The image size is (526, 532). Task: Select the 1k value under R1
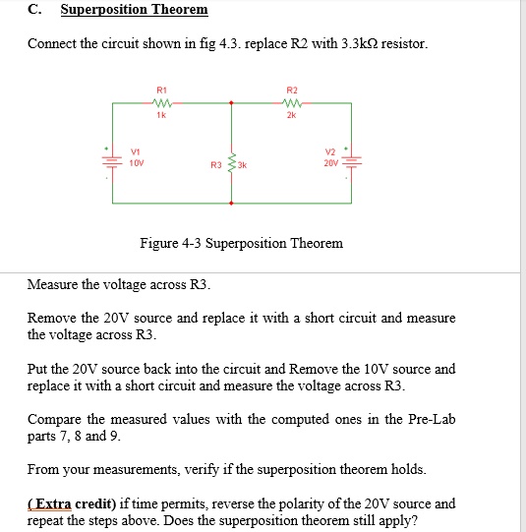pyautogui.click(x=162, y=114)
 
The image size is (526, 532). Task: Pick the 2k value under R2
pyautogui.click(x=291, y=114)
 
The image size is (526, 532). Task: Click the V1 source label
pyautogui.click(x=134, y=151)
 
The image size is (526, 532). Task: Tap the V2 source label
pyautogui.click(x=329, y=151)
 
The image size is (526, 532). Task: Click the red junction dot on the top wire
pyautogui.click(x=231, y=100)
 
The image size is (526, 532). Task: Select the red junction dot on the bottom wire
pyautogui.click(x=231, y=203)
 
